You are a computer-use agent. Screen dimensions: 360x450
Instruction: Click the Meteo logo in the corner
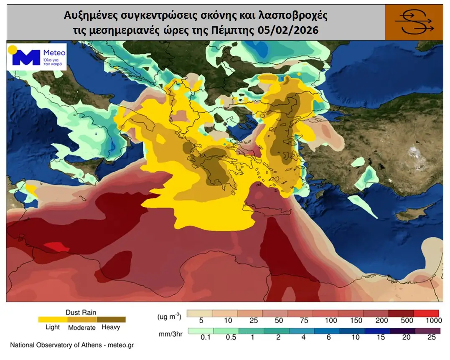[x=37, y=57]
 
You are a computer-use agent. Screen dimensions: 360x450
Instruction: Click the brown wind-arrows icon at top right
[x=414, y=22]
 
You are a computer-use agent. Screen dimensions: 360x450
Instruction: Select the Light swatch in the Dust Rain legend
[x=53, y=319]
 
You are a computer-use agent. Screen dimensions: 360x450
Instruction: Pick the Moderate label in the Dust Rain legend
[x=81, y=328]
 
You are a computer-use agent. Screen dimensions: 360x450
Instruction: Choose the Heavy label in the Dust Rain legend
[x=111, y=327]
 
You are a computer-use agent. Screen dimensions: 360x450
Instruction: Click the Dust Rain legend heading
[x=81, y=312]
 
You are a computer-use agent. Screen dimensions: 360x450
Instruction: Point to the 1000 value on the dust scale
[x=434, y=321]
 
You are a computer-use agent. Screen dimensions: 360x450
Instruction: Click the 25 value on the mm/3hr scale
[x=431, y=337]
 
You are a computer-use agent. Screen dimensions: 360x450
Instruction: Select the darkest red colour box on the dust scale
[x=401, y=313]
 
